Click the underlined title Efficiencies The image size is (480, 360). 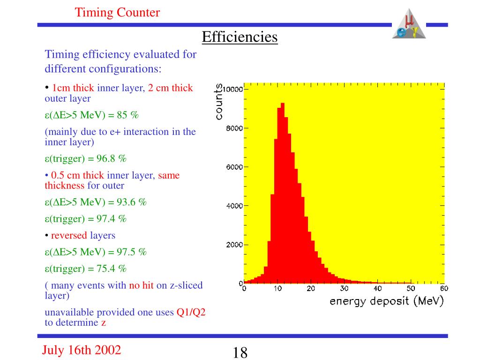click(x=240, y=37)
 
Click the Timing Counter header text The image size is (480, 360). click(x=117, y=13)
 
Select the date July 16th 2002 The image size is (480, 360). click(x=82, y=350)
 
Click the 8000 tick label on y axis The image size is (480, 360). click(x=234, y=128)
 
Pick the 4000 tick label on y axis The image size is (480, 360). click(x=234, y=206)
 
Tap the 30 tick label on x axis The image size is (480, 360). click(x=344, y=288)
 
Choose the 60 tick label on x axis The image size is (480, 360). click(x=443, y=288)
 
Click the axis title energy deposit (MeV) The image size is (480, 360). click(x=386, y=301)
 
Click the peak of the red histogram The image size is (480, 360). click(x=282, y=104)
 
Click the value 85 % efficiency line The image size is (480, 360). click(x=92, y=115)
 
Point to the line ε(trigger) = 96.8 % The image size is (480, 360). click(x=86, y=158)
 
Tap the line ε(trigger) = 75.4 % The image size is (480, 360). click(x=86, y=269)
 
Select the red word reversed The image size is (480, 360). click(x=69, y=235)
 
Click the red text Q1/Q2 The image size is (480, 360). click(x=191, y=313)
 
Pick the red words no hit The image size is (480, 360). click(x=141, y=285)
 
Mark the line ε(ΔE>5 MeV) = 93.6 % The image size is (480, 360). click(x=96, y=202)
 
